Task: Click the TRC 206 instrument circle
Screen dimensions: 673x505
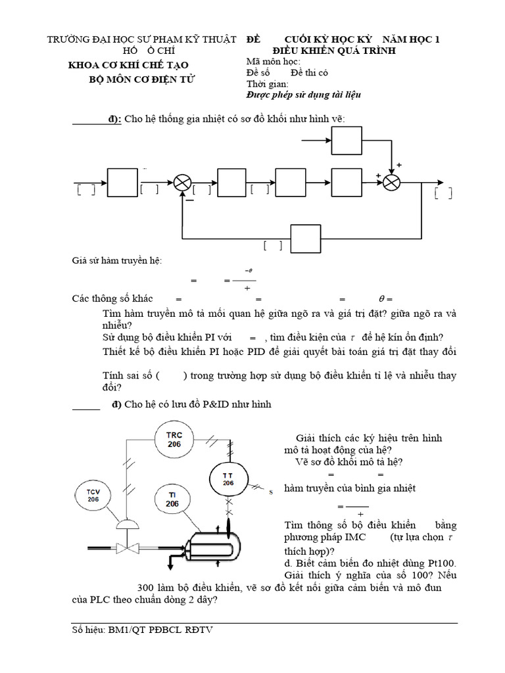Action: click(174, 440)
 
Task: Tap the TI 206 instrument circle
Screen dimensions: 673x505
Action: click(172, 499)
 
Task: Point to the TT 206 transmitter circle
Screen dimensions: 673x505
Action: click(228, 478)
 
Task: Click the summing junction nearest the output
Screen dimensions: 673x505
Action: click(392, 183)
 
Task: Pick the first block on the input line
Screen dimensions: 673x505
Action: click(121, 182)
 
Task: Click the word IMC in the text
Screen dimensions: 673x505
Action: click(349, 538)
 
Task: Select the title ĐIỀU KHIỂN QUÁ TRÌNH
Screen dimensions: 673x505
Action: click(334, 51)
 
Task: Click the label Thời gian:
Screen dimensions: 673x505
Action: click(267, 84)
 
